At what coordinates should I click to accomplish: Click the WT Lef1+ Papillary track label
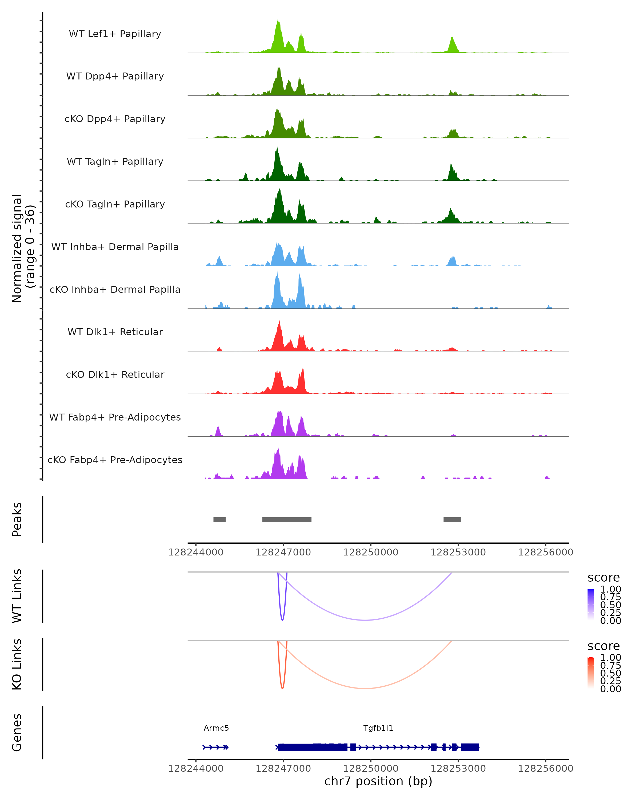point(115,34)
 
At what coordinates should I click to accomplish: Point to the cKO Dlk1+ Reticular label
point(115,374)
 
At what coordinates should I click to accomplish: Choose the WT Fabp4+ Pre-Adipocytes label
point(115,417)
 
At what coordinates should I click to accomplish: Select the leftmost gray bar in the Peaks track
point(219,519)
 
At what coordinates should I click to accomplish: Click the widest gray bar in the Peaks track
point(287,519)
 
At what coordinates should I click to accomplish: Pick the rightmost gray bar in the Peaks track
point(452,519)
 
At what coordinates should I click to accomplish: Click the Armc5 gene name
point(216,728)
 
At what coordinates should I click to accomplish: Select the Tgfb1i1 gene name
point(378,728)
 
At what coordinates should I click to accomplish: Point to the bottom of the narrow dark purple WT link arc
point(282,620)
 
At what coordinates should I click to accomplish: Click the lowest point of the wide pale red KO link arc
point(365,688)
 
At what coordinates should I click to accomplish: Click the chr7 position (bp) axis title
point(378,781)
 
